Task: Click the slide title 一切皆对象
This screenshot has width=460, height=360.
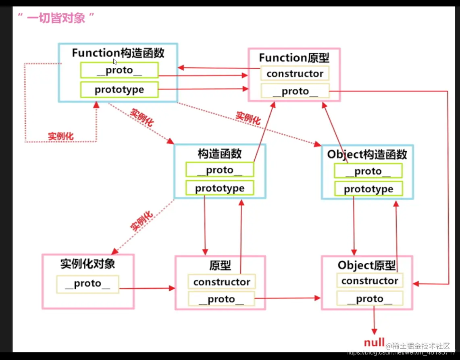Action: tap(56, 18)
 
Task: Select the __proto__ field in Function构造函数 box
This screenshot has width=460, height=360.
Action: tap(119, 70)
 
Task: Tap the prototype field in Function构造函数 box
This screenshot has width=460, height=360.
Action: tap(119, 89)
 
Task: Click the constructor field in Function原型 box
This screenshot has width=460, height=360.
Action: tap(295, 73)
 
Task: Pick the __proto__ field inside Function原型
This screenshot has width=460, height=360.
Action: tap(295, 92)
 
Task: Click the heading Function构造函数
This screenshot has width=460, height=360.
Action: tap(118, 53)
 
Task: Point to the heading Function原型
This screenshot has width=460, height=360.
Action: tap(294, 58)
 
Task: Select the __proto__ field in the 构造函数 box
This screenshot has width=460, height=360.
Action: tap(220, 170)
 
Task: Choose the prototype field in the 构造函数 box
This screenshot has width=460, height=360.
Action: tap(220, 188)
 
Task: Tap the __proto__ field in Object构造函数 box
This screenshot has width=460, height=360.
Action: tap(368, 171)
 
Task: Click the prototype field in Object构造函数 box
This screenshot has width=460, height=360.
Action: tap(368, 189)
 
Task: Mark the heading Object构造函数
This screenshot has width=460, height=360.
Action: tap(367, 155)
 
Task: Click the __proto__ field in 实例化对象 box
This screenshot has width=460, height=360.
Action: tap(87, 284)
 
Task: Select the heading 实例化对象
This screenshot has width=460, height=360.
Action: tap(87, 264)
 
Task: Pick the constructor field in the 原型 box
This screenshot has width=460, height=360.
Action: tap(222, 282)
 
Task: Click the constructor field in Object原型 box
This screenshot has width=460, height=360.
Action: tap(370, 281)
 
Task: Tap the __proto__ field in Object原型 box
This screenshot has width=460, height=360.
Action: tap(370, 299)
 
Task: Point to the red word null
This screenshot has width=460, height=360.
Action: tap(374, 343)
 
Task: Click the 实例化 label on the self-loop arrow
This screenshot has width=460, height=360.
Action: tap(61, 136)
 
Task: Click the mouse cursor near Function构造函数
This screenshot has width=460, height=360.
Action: tap(115, 62)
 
